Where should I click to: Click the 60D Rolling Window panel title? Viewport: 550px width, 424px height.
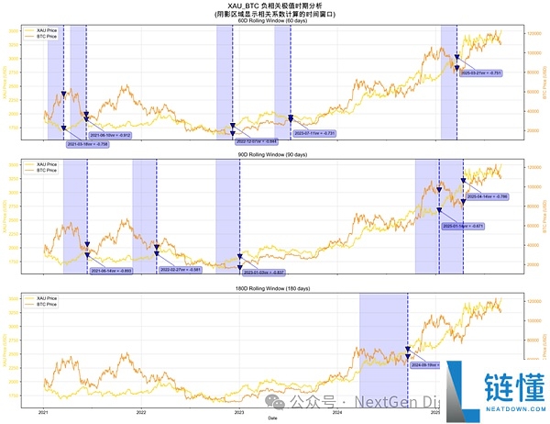coord(274,20)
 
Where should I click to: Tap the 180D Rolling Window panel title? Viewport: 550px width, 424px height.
coord(274,290)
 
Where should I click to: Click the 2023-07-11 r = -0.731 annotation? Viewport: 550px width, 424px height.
coord(314,133)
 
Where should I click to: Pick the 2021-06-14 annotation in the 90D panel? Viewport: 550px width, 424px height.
coord(111,271)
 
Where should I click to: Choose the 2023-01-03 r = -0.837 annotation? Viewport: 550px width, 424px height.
coord(264,273)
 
